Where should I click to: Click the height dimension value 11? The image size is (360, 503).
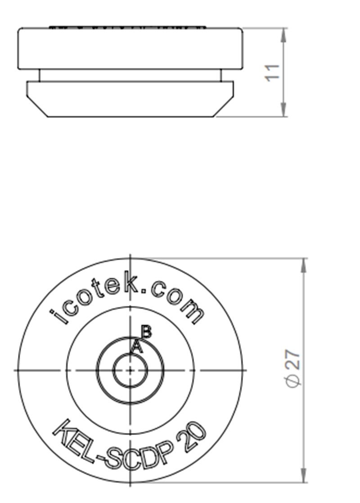click(x=273, y=72)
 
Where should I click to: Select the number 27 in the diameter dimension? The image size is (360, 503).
click(x=293, y=361)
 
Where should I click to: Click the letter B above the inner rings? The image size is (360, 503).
click(x=146, y=332)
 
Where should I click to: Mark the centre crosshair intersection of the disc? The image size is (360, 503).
click(x=130, y=370)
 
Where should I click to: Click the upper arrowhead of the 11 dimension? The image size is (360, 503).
click(x=283, y=34)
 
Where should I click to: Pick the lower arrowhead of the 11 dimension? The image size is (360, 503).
click(x=283, y=111)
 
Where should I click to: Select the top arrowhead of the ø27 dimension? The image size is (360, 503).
click(x=305, y=265)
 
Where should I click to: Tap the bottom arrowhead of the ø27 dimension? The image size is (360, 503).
click(x=305, y=476)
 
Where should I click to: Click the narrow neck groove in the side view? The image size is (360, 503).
click(x=130, y=75)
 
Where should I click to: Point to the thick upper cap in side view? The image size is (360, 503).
click(x=130, y=49)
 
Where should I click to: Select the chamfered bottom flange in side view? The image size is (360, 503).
click(x=130, y=99)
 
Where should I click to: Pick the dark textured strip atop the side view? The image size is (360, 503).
click(x=127, y=27)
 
